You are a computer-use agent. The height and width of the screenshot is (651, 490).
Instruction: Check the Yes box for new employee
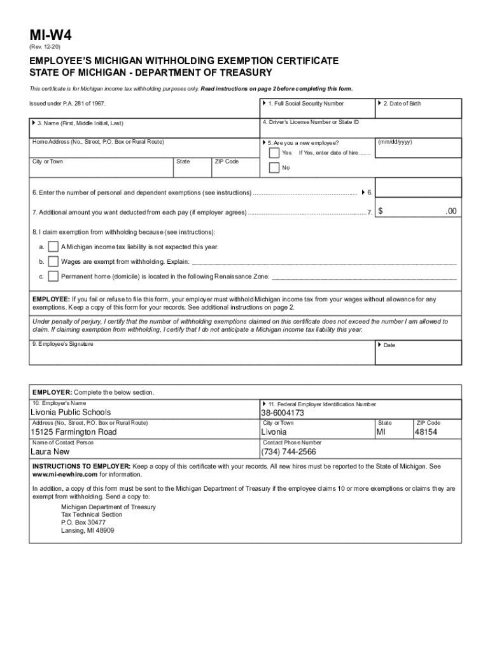click(x=274, y=153)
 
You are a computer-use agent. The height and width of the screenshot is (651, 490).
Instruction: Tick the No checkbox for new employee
click(x=274, y=168)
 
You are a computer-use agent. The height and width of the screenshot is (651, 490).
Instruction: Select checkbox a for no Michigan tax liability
click(x=53, y=246)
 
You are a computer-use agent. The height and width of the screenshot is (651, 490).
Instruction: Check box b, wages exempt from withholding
click(x=53, y=261)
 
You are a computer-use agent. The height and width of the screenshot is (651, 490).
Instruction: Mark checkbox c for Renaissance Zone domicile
click(x=53, y=277)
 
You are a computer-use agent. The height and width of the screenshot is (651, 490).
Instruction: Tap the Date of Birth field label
click(x=402, y=104)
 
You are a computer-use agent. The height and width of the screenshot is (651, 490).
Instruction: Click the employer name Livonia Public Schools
click(x=71, y=413)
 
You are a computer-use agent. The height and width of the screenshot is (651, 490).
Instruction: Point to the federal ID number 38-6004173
click(x=283, y=413)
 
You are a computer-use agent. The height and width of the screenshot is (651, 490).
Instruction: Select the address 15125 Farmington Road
click(x=74, y=432)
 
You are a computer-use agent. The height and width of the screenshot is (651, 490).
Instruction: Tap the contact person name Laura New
click(x=50, y=452)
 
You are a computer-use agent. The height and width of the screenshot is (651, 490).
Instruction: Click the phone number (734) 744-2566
click(x=288, y=452)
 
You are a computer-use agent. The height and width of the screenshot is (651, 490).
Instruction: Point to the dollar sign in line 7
click(x=381, y=211)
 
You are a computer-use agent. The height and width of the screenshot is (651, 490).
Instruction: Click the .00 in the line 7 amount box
click(x=451, y=211)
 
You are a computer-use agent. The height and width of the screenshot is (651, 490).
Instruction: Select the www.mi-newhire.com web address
click(x=65, y=474)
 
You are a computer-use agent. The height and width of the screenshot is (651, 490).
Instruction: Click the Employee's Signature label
click(x=63, y=344)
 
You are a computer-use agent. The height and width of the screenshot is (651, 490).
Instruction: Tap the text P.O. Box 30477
click(x=83, y=523)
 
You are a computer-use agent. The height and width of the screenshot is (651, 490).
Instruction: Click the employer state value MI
click(x=381, y=432)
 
